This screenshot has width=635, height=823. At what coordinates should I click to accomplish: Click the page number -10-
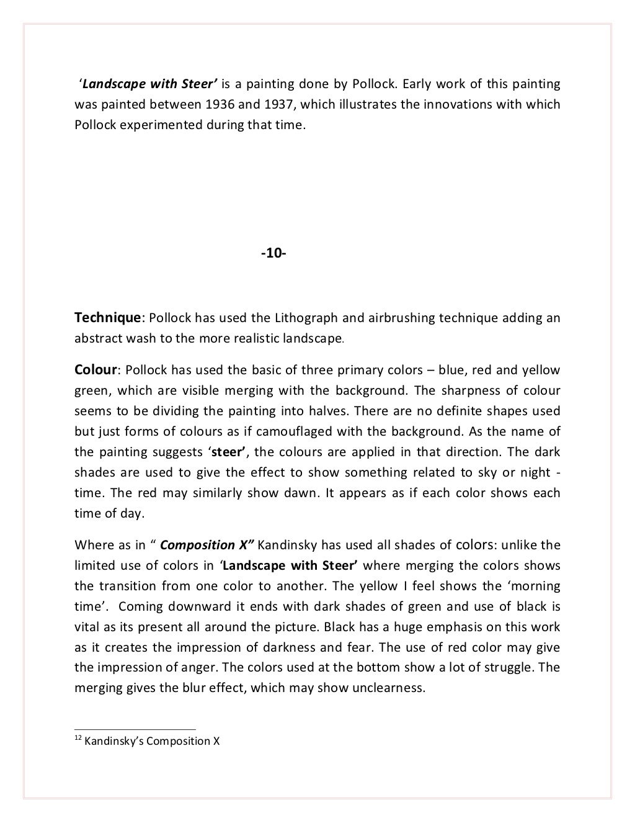click(x=273, y=253)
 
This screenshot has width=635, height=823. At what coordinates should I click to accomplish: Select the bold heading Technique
click(x=107, y=318)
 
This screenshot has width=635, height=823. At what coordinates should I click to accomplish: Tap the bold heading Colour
click(x=95, y=370)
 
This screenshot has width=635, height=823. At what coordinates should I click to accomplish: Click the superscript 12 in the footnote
click(x=78, y=738)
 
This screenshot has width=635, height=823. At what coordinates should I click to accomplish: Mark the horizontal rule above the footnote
click(x=135, y=729)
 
